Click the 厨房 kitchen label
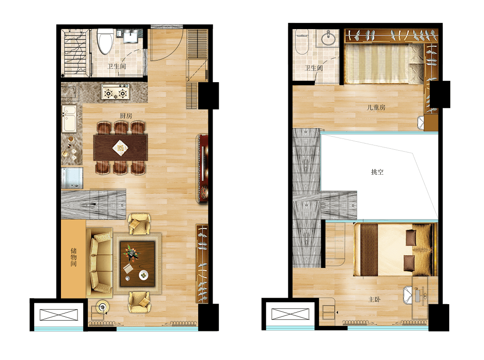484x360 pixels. pos(126,116)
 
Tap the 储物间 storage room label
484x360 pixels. pos(73,257)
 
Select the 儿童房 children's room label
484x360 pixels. pos(376,107)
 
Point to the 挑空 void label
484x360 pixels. pos(377,172)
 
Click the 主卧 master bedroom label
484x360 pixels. pos(375,299)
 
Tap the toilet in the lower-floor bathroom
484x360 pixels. pos(105,41)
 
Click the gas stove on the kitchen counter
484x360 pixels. pos(116,92)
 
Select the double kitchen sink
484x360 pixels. pos(69,118)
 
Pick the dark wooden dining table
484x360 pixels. pos(120,147)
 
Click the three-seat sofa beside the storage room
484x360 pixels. pos(99,263)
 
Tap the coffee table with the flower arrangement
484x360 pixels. pos(138,264)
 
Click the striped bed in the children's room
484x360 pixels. pos(384,64)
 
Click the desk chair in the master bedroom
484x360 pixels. pos(408,295)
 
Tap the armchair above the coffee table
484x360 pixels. pos(139,224)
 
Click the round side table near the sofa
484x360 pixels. pos(102,306)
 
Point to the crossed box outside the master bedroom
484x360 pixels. pos(290,314)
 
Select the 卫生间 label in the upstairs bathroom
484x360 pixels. pos(314,68)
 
